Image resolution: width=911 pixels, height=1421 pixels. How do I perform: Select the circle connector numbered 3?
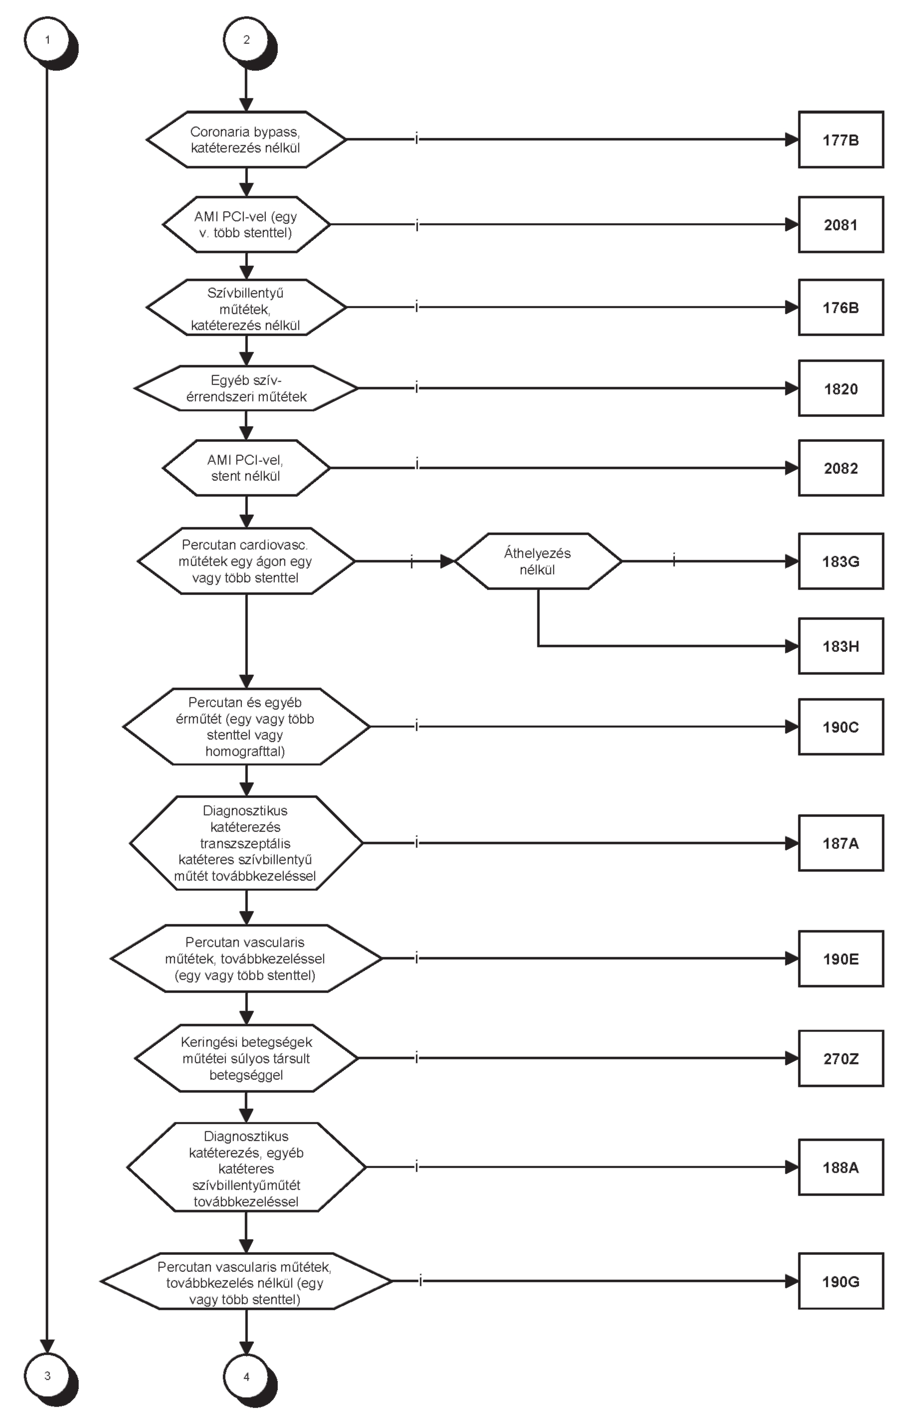[48, 1376]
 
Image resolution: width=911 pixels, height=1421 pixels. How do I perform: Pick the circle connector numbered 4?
[246, 1377]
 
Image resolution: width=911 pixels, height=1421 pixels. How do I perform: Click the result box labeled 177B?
[841, 140]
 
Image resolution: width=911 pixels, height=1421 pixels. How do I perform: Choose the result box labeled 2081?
[841, 225]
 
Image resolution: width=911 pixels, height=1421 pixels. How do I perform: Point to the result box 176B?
[841, 308]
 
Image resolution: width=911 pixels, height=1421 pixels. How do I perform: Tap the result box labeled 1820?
[841, 389]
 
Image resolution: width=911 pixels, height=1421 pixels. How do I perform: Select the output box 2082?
[841, 468]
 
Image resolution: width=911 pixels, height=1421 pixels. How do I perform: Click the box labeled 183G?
[841, 561]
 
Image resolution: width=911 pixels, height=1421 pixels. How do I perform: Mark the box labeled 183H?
[841, 646]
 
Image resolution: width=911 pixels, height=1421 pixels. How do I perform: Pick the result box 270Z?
[841, 1058]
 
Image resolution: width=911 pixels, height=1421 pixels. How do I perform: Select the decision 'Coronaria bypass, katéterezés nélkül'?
[246, 140]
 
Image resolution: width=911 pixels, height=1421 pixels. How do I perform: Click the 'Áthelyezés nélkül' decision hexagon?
[538, 561]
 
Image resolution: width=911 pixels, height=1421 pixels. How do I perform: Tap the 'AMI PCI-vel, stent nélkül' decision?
[246, 468]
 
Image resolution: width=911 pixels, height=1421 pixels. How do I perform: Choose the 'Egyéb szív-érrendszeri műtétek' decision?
[246, 389]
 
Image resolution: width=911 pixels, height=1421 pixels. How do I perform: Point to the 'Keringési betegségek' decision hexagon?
[246, 1058]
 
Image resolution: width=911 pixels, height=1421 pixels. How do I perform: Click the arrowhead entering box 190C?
[792, 727]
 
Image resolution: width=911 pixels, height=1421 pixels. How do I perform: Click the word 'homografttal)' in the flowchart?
[245, 752]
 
